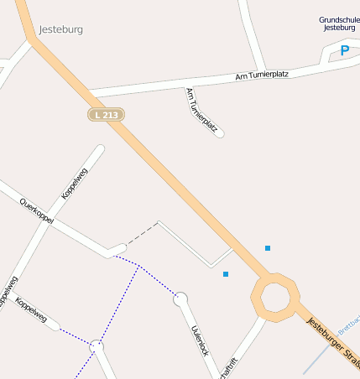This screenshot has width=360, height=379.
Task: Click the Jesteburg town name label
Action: [60, 29]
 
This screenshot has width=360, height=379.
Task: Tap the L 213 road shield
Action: [107, 113]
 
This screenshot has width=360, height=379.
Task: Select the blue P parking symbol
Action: [344, 51]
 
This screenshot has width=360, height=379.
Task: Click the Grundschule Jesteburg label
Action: [339, 23]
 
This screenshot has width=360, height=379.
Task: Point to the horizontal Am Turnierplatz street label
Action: [262, 75]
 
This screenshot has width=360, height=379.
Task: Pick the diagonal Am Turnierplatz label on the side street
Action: [202, 111]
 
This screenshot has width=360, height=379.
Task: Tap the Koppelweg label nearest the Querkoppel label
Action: [74, 184]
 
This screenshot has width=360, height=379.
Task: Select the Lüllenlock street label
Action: [200, 339]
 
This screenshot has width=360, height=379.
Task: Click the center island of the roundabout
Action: [274, 296]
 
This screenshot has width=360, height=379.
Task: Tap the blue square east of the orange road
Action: [268, 248]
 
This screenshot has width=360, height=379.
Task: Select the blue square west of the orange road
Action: [226, 274]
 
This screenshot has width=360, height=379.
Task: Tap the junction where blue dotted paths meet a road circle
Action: [97, 345]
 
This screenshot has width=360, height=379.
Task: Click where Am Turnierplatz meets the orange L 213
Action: [89, 92]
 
